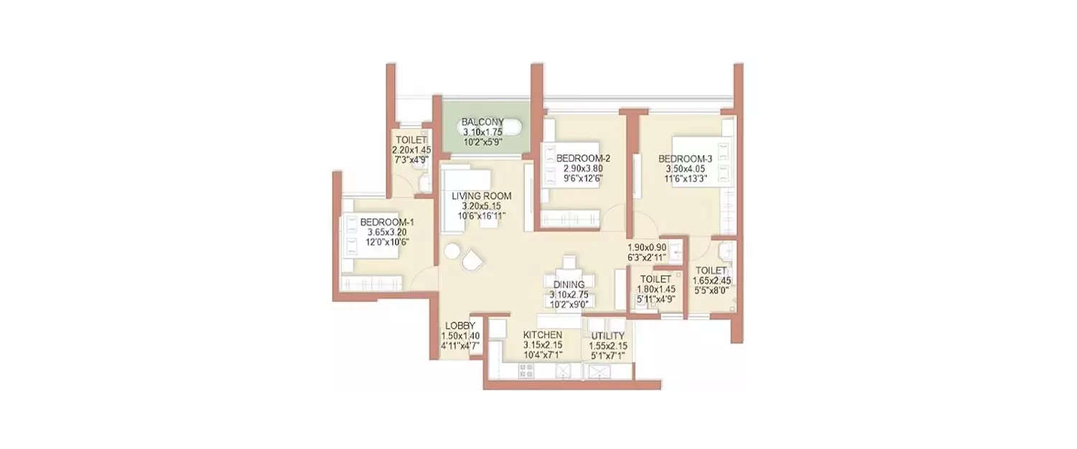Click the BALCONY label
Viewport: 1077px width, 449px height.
click(x=482, y=122)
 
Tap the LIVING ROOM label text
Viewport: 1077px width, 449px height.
click(x=481, y=195)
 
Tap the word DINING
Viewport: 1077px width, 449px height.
click(x=569, y=284)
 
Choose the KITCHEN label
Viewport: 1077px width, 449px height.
click(x=542, y=335)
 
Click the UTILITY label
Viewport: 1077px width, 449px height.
click(x=607, y=335)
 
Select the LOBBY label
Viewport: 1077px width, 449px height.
click(x=460, y=325)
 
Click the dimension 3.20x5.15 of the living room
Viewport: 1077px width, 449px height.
click(x=481, y=205)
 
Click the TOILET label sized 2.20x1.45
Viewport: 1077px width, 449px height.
click(x=409, y=140)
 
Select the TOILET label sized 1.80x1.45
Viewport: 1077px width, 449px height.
click(x=656, y=279)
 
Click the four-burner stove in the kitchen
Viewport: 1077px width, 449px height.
click(x=526, y=371)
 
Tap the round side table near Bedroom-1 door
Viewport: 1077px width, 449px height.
click(x=451, y=251)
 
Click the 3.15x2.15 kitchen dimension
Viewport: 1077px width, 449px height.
click(x=542, y=346)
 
